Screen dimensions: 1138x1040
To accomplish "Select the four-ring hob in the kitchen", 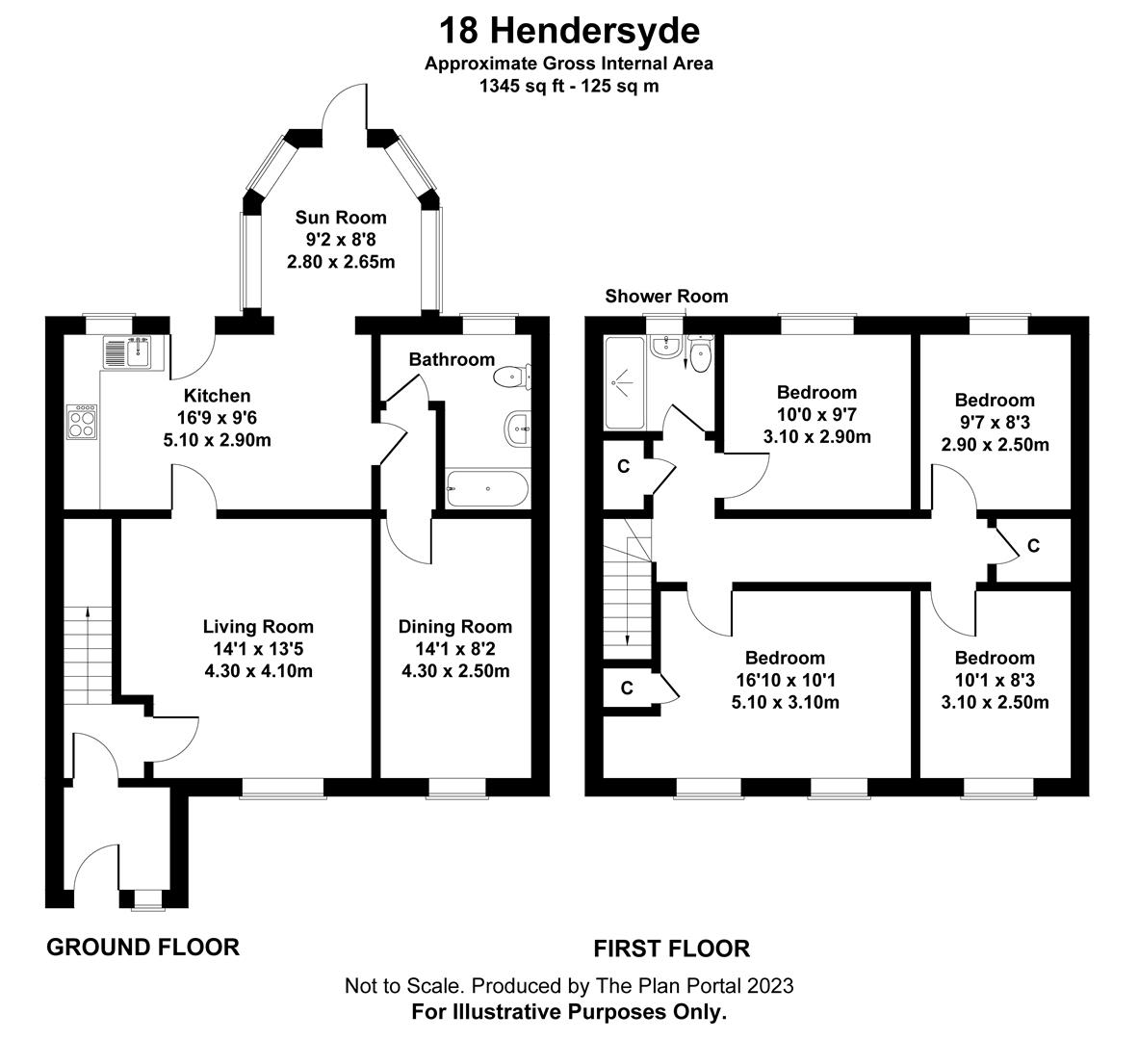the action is point(82,423).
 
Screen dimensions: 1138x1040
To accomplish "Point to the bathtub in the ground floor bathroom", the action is point(487,489).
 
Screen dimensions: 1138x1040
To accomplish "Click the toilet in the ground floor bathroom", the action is point(509,377).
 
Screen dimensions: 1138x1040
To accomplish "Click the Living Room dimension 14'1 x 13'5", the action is point(258,649).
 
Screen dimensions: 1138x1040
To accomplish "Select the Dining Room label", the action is point(455,627).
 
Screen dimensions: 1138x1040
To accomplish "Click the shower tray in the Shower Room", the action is point(627,382).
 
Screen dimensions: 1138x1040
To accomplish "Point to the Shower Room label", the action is point(666,296).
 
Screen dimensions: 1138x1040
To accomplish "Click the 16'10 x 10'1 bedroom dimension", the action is point(785,680).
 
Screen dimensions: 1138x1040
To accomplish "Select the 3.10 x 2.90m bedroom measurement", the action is point(816,436).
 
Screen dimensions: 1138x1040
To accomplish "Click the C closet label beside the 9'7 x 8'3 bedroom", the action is point(1033,546).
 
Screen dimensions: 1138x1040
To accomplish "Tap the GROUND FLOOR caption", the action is point(142,948).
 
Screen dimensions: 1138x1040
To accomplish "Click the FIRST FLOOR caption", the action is point(671,949).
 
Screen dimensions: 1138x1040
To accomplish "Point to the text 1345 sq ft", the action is point(520,85).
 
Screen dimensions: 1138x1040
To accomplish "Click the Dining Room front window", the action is point(456,789).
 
